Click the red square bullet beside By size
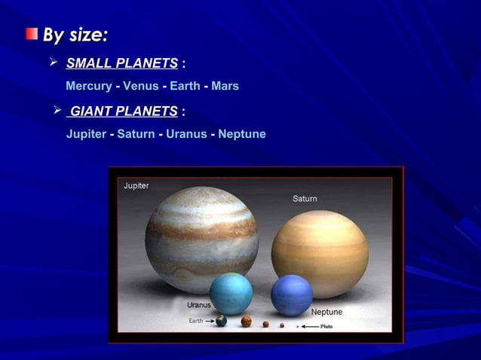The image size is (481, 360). [31, 34]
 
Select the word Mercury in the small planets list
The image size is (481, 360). [88, 86]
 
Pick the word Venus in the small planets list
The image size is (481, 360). [140, 86]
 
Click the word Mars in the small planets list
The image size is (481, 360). [225, 86]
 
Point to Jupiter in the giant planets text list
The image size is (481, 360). [86, 134]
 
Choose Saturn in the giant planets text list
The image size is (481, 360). [136, 134]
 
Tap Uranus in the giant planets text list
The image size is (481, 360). [186, 134]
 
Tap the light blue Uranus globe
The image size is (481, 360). [231, 294]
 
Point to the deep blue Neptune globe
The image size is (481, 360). [292, 294]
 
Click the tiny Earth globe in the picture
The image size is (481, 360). [221, 321]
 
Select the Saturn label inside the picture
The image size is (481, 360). [305, 199]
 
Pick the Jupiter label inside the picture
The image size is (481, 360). [136, 186]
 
